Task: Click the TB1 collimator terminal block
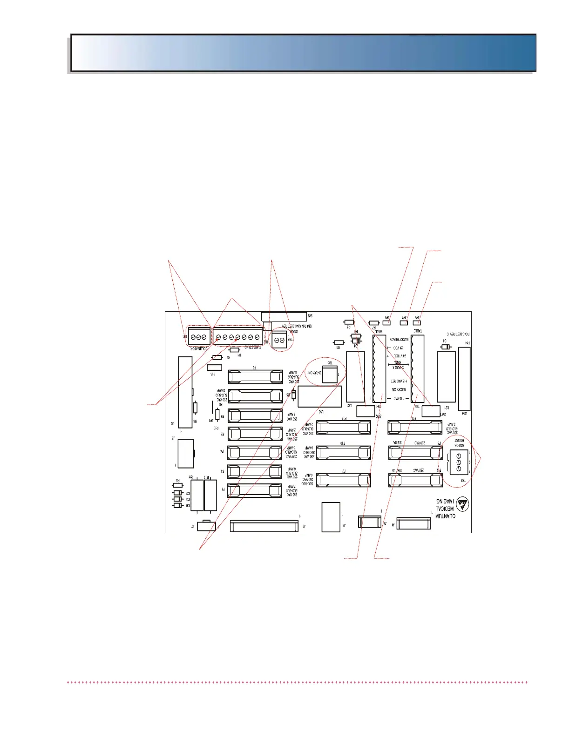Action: [x=199, y=336]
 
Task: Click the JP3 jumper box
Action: [x=387, y=322]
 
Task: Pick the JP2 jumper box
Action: [x=417, y=322]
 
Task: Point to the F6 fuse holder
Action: [x=255, y=377]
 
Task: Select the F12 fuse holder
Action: [x=344, y=426]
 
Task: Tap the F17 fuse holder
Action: [x=415, y=480]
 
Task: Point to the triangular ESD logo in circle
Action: [x=462, y=503]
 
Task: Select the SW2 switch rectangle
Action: [x=366, y=411]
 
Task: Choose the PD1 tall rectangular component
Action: [x=464, y=378]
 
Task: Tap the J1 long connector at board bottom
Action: [x=264, y=526]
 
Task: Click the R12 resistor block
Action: [x=210, y=496]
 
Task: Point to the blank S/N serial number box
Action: [x=284, y=316]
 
